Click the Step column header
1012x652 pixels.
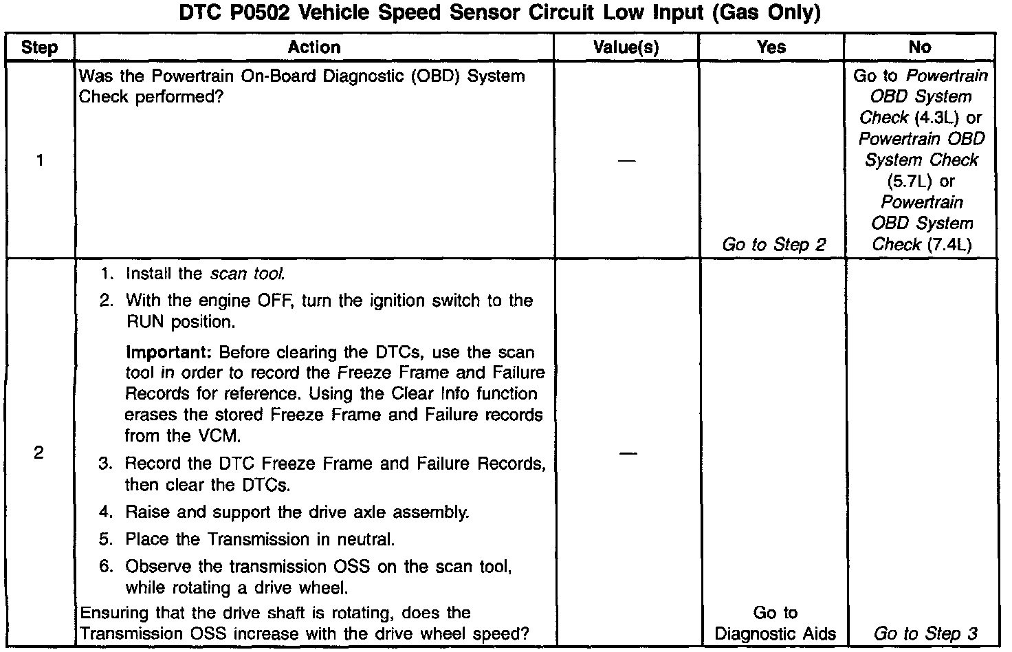[x=39, y=47]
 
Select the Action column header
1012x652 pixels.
[x=313, y=47]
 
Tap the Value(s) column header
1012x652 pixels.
[x=626, y=47]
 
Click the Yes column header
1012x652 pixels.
[x=771, y=47]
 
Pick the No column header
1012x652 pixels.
[x=919, y=47]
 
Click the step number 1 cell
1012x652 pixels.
[x=39, y=160]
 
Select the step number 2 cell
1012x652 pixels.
[x=39, y=453]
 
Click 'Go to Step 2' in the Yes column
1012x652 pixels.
[x=773, y=245]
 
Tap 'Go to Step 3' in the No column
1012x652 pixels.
[x=925, y=633]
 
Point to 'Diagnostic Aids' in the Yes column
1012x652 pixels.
[x=775, y=633]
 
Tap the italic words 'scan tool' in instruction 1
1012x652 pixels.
[x=247, y=274]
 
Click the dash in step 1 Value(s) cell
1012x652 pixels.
[x=626, y=161]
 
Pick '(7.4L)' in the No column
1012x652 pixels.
[x=949, y=245]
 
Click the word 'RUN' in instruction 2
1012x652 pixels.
[x=145, y=322]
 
